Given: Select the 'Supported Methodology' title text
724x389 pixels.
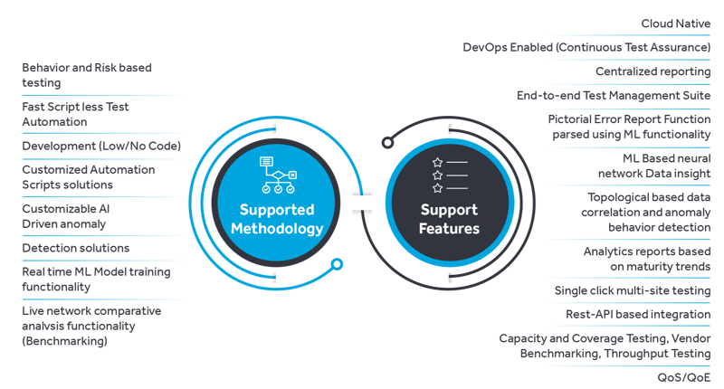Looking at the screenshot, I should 277,219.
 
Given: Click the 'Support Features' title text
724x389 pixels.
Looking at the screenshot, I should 448,219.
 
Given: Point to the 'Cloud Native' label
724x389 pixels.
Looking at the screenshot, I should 676,23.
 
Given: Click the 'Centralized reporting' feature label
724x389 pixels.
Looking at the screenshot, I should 653,71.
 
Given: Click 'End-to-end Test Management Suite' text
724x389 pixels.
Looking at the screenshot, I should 614,94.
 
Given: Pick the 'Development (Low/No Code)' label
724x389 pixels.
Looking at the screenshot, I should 101,146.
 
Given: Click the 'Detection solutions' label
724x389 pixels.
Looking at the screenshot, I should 76,247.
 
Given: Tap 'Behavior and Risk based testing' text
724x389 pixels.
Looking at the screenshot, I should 87,75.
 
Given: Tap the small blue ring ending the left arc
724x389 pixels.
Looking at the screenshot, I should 337,264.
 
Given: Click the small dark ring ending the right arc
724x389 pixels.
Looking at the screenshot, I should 387,142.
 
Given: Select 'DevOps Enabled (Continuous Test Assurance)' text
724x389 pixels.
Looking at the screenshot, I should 586,46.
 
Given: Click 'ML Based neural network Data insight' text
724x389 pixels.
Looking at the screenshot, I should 647,166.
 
